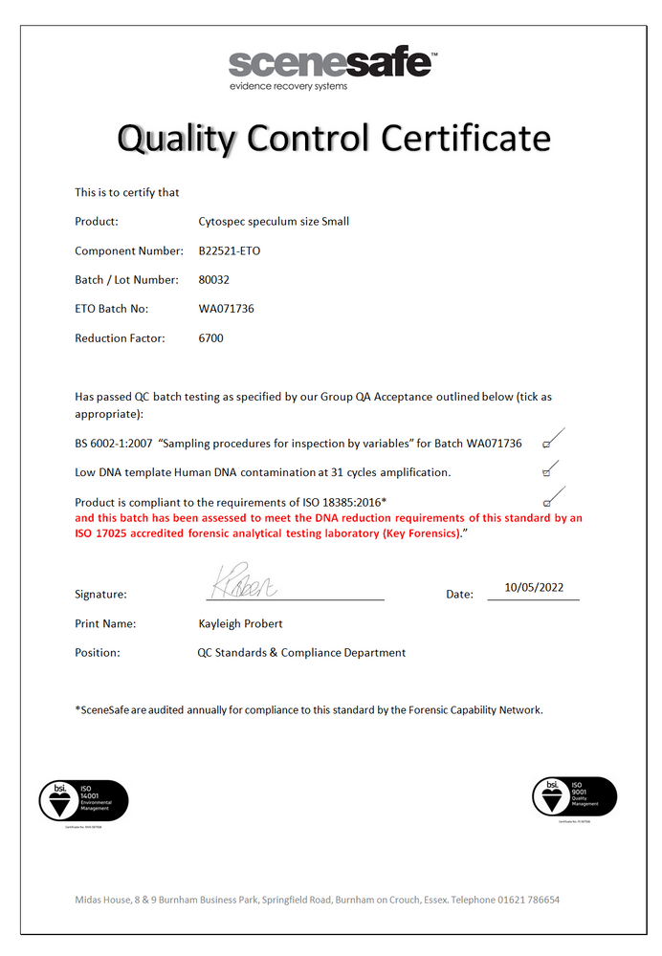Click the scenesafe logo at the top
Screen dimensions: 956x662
(331, 64)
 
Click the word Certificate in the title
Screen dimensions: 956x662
(465, 140)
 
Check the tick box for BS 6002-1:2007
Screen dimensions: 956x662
(546, 445)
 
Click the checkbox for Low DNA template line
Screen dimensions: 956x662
(546, 472)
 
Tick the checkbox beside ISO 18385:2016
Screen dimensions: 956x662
(546, 501)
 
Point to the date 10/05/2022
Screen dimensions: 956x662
(541, 588)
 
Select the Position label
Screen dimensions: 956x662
(98, 653)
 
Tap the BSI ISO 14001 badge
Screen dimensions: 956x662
(82, 800)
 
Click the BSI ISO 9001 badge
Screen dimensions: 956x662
(574, 796)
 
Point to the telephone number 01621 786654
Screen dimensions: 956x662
(529, 900)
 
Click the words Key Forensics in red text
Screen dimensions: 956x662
(418, 532)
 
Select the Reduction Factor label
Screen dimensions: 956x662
(120, 338)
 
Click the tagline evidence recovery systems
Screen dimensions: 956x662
(288, 86)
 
